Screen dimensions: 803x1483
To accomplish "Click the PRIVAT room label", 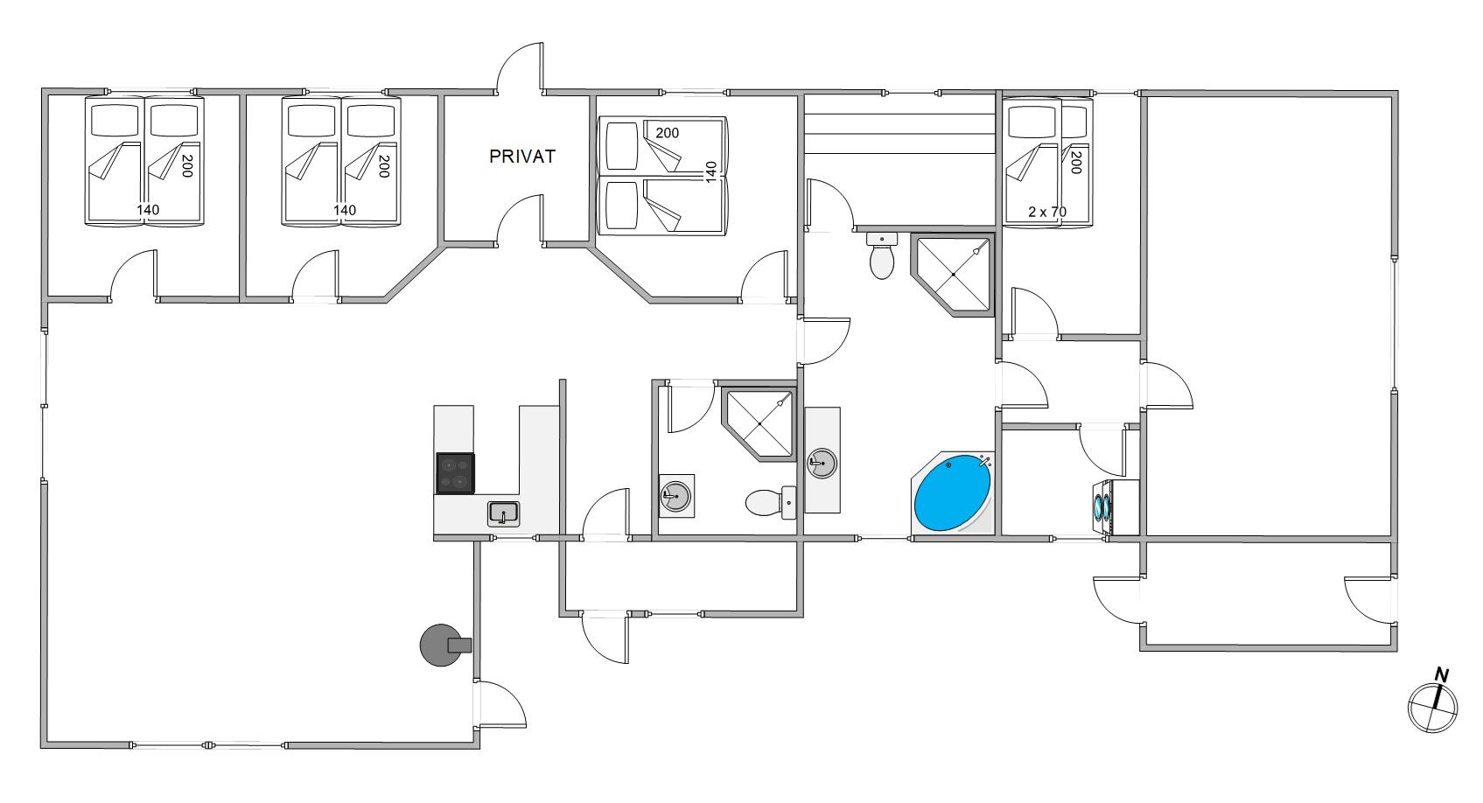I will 521,157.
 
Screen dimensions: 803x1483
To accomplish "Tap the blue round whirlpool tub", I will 952,492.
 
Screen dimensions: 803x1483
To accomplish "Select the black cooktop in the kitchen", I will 455,473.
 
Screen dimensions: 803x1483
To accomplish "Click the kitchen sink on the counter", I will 503,513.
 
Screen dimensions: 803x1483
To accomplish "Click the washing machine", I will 1102,506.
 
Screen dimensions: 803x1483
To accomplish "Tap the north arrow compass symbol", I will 1433,708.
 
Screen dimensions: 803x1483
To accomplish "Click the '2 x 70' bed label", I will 1047,212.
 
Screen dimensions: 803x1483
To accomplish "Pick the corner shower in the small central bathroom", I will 759,422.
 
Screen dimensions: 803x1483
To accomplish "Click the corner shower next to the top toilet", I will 952,273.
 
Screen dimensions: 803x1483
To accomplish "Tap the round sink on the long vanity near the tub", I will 822,464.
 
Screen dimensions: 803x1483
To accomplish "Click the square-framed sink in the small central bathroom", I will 676,496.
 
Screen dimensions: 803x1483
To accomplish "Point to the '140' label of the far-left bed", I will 148,210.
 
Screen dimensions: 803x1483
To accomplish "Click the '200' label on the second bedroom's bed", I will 381,166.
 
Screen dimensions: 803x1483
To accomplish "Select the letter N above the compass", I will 1441,674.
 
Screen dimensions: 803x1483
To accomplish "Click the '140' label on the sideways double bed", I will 711,170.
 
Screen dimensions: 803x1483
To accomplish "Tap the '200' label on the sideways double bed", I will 668,133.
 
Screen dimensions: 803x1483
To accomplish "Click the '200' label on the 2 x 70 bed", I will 1075,162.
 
